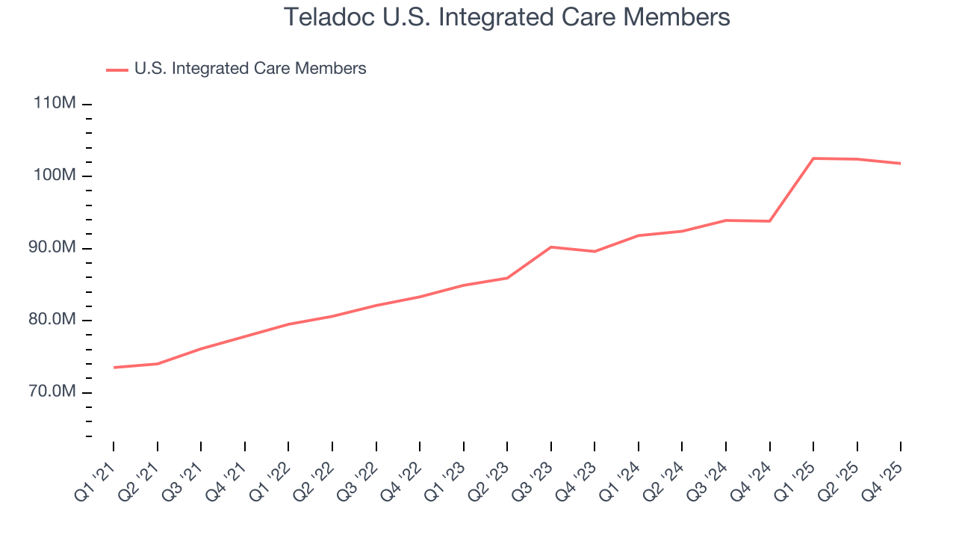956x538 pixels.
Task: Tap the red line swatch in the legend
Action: tap(117, 69)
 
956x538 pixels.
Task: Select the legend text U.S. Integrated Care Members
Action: tap(250, 69)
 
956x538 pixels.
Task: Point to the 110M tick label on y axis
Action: tap(55, 103)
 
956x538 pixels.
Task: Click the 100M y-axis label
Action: tap(55, 176)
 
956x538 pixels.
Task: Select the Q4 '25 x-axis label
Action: tap(884, 477)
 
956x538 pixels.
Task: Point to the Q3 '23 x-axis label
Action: tap(534, 477)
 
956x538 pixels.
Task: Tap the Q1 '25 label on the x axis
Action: tap(796, 477)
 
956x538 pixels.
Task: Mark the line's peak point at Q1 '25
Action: tap(813, 158)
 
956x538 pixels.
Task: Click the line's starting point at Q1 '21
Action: tap(114, 368)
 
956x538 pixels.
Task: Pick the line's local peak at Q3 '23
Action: tap(551, 247)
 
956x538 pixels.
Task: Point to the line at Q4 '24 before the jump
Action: tap(769, 221)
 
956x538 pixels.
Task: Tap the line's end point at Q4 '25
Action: tap(900, 164)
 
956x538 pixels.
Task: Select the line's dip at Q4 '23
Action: tap(595, 251)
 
